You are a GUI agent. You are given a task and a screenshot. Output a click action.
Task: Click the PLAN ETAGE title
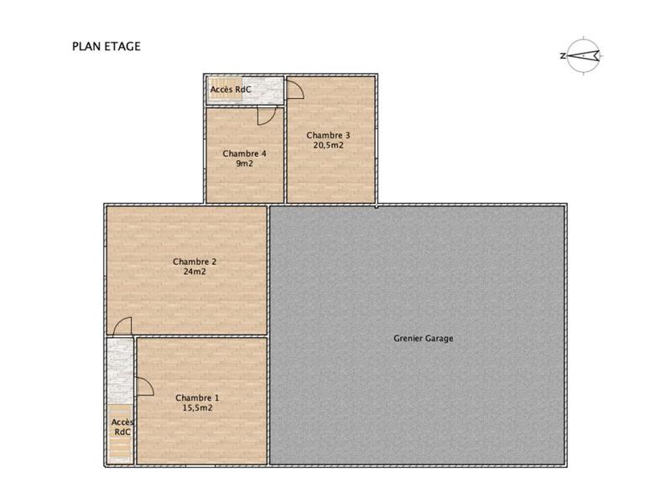(x=106, y=47)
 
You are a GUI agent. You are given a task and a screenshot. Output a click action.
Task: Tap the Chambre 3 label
(x=328, y=135)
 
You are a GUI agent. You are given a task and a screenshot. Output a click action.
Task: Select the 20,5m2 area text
(x=328, y=145)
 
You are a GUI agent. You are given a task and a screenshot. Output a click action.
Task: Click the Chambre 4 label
(x=244, y=153)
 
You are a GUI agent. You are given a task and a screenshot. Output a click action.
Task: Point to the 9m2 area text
(x=244, y=163)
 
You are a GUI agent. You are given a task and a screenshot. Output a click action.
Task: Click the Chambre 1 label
(x=197, y=397)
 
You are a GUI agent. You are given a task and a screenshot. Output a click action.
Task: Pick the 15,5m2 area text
(x=197, y=407)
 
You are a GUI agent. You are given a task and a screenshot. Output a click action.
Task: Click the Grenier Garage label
(x=423, y=339)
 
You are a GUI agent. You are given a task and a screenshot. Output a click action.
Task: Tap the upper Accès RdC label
(x=231, y=89)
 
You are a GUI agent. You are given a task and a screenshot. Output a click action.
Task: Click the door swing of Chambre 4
(x=266, y=117)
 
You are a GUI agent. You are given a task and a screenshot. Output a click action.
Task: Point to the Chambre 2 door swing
(x=122, y=326)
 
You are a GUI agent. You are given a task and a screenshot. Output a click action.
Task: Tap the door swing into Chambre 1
(x=143, y=386)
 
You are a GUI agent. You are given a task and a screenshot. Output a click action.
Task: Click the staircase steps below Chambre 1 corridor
(x=121, y=449)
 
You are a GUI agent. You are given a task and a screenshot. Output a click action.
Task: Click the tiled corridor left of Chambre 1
(x=121, y=369)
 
